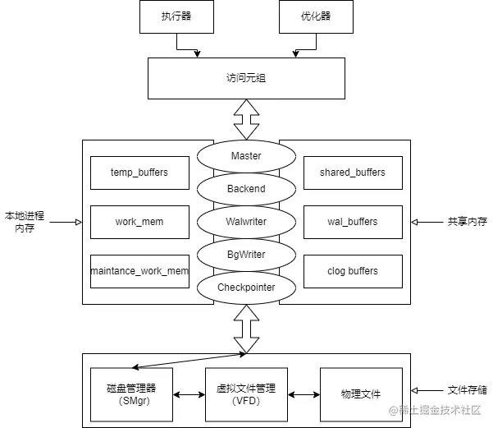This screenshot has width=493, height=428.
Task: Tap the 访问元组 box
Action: click(246, 79)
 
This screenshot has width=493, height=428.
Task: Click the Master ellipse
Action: click(246, 156)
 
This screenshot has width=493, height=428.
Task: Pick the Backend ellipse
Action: click(246, 189)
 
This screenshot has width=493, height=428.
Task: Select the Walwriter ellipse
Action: click(246, 222)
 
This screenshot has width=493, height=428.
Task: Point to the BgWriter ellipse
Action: click(246, 255)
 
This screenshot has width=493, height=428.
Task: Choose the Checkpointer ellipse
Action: click(246, 288)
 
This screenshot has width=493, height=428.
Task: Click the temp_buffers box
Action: click(139, 173)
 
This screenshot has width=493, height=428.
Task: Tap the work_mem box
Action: click(139, 222)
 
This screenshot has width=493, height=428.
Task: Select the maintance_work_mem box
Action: click(139, 271)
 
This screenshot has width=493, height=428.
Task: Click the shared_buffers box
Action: click(353, 173)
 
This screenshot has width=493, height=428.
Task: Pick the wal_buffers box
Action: click(353, 222)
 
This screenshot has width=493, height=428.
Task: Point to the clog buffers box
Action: click(353, 271)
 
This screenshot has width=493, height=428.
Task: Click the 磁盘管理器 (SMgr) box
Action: click(131, 394)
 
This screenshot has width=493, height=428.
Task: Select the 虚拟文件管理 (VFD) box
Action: click(246, 394)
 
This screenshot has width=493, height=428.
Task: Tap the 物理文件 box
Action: click(361, 394)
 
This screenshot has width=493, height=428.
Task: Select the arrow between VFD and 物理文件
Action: click(304, 395)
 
